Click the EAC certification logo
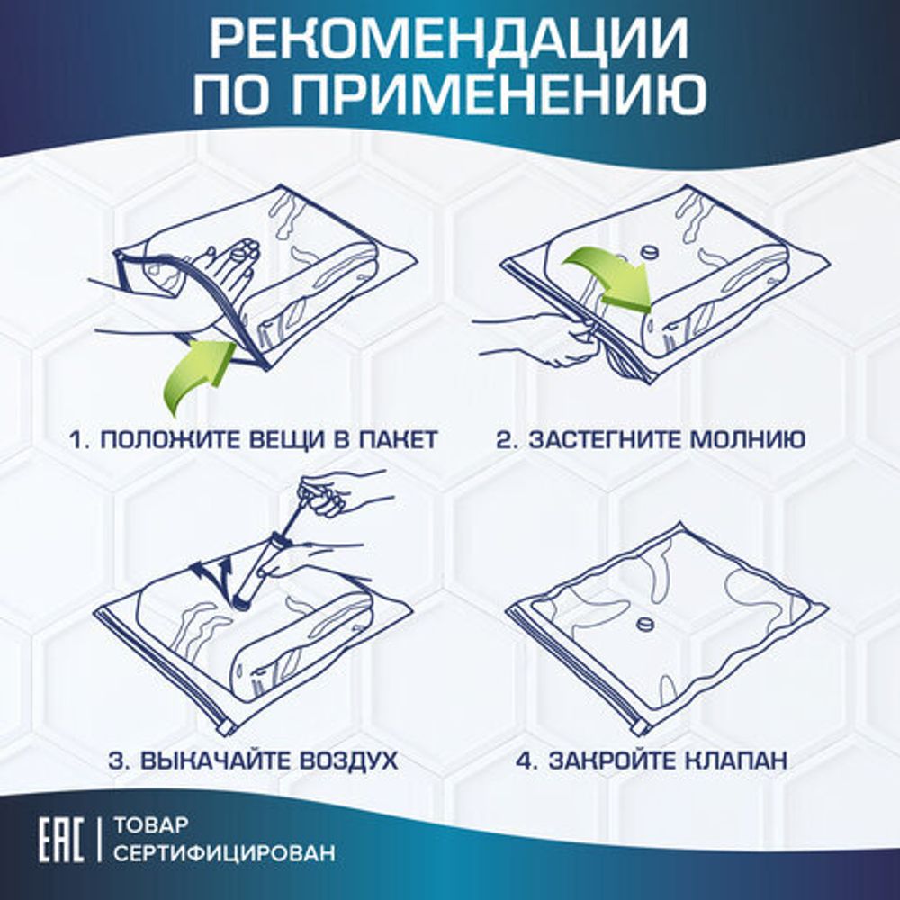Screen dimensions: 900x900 coord(61,838)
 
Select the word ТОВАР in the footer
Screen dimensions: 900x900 coord(154,824)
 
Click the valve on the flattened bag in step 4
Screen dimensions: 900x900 coord(644,623)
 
